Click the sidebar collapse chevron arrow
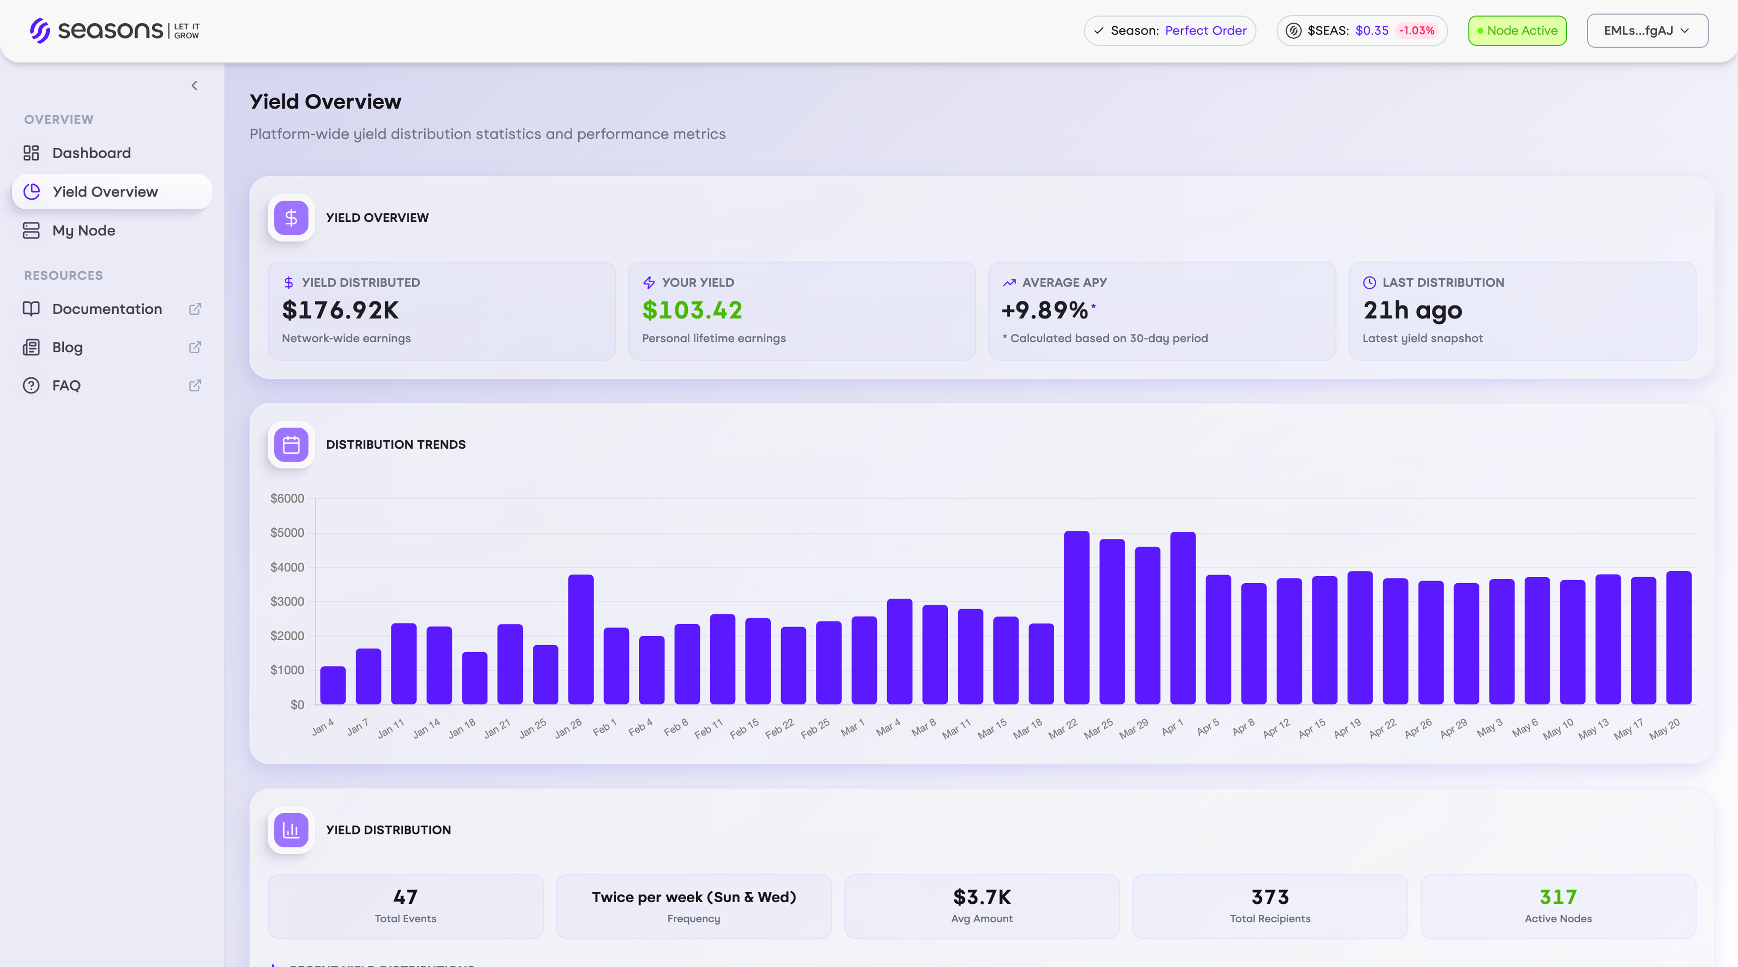(x=194, y=86)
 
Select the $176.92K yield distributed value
(x=340, y=310)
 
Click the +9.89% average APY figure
(x=1044, y=310)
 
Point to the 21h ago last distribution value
(x=1412, y=310)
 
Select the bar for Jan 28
(x=580, y=640)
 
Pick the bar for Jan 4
(x=333, y=686)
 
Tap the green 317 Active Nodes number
(x=1558, y=898)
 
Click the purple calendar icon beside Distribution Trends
(x=291, y=445)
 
